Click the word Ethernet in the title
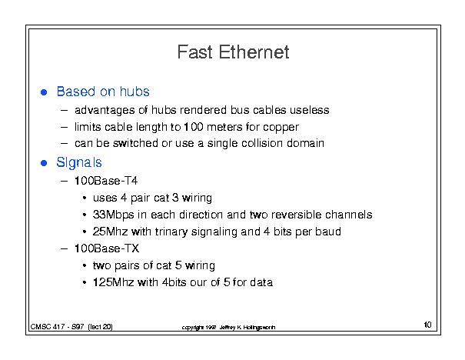[x=254, y=52]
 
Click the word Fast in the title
[x=194, y=52]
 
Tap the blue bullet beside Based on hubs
[x=44, y=92]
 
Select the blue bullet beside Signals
[x=44, y=163]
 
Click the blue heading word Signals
[x=79, y=162]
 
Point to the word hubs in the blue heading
[x=135, y=92]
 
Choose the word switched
[x=135, y=143]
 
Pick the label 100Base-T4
[x=106, y=181]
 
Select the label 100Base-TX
[x=107, y=248]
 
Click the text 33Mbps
[x=113, y=215]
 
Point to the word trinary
[x=171, y=232]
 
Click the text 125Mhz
[x=113, y=282]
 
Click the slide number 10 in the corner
[x=427, y=325]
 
